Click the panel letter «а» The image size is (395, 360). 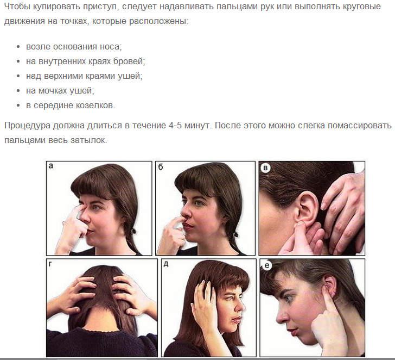point(51,166)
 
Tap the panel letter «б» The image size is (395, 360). point(161,166)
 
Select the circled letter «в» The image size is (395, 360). point(265,168)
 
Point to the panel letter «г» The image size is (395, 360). point(50,264)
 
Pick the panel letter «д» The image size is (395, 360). point(166,264)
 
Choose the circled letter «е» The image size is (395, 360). point(267,265)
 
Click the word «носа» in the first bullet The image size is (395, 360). point(111,47)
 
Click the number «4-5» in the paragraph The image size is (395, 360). point(175,126)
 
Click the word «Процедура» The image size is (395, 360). point(28,126)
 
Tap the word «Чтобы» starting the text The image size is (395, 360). point(17,7)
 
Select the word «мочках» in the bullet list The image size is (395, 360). point(53,91)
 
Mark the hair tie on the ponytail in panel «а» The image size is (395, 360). point(133,231)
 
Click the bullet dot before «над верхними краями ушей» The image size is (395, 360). point(18,76)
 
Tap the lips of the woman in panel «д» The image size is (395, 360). point(237,320)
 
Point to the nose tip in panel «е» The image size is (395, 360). point(279,320)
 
